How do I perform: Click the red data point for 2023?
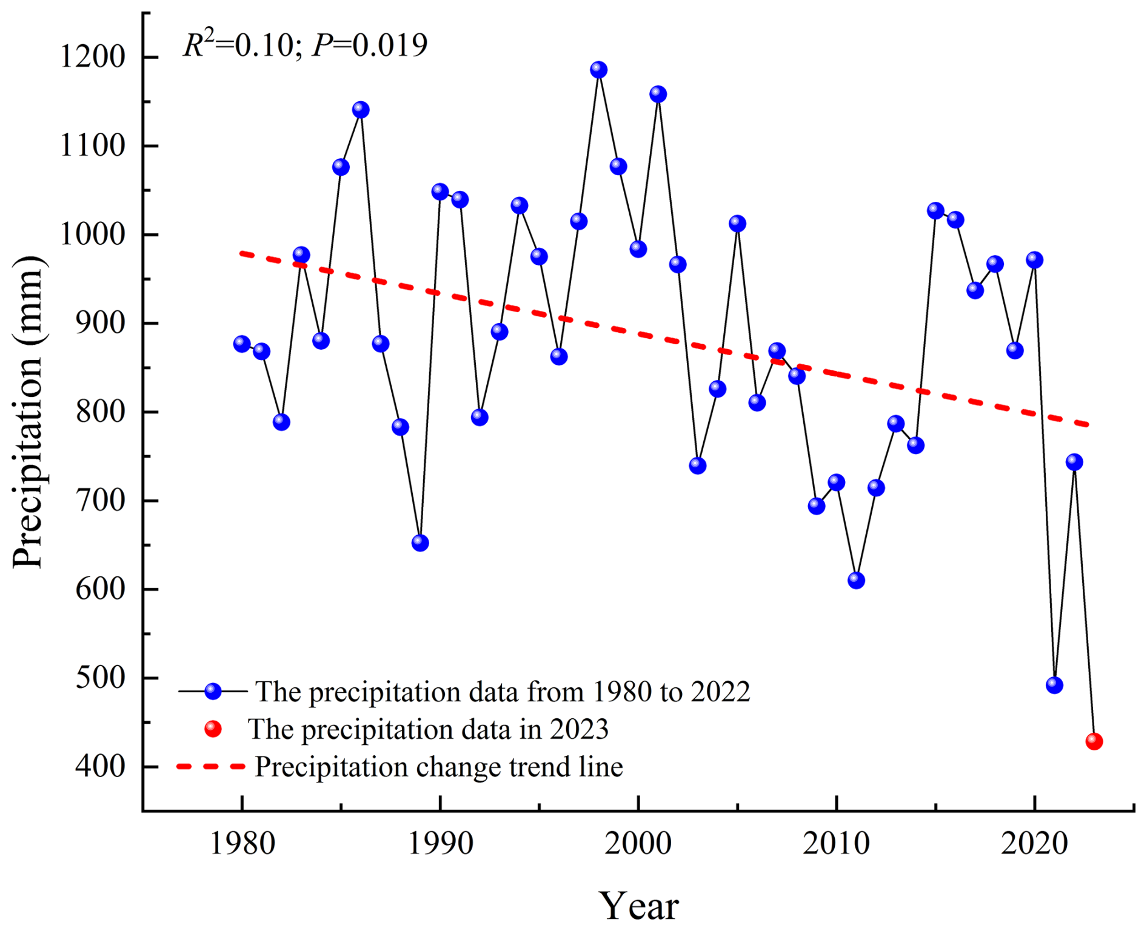pyautogui.click(x=1094, y=741)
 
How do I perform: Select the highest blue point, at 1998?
pyautogui.click(x=598, y=70)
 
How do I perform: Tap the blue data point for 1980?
pyautogui.click(x=242, y=344)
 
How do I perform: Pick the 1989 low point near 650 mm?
pyautogui.click(x=420, y=542)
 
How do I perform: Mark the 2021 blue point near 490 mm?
pyautogui.click(x=1054, y=685)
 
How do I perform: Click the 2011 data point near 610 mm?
pyautogui.click(x=856, y=580)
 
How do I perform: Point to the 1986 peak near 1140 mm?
pyautogui.click(x=361, y=110)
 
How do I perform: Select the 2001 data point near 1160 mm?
pyautogui.click(x=658, y=94)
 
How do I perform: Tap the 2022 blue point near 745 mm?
pyautogui.click(x=1074, y=462)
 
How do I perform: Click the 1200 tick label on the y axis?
pyautogui.click(x=92, y=58)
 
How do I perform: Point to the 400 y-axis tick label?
pyautogui.click(x=100, y=767)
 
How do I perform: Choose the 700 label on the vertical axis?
pyautogui.click(x=100, y=501)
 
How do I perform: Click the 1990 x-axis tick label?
pyautogui.click(x=440, y=844)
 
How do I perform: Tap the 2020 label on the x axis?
pyautogui.click(x=1034, y=844)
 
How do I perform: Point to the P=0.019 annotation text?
pyautogui.click(x=369, y=45)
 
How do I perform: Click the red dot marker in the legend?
pyautogui.click(x=213, y=729)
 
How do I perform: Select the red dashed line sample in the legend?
pyautogui.click(x=211, y=767)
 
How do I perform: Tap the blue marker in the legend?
pyautogui.click(x=213, y=692)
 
